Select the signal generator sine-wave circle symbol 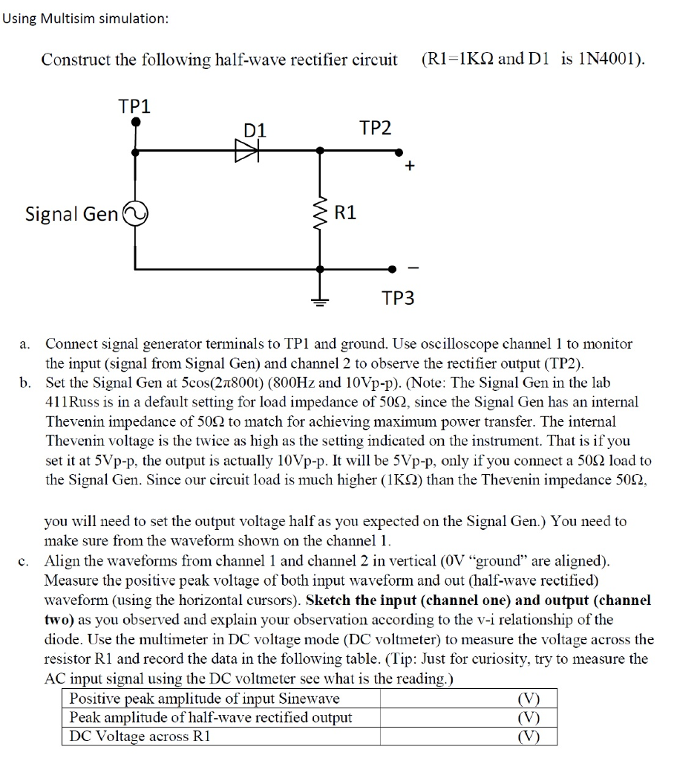[x=135, y=214]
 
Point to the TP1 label [x=134, y=106]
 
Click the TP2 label [x=375, y=128]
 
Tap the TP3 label [x=399, y=299]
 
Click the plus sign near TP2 [x=408, y=166]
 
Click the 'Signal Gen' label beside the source [x=71, y=215]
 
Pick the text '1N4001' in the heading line [x=604, y=59]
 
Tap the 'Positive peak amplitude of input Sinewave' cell [x=204, y=699]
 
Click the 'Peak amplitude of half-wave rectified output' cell [x=211, y=717]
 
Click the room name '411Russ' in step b [x=74, y=402]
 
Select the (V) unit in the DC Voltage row [x=528, y=736]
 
